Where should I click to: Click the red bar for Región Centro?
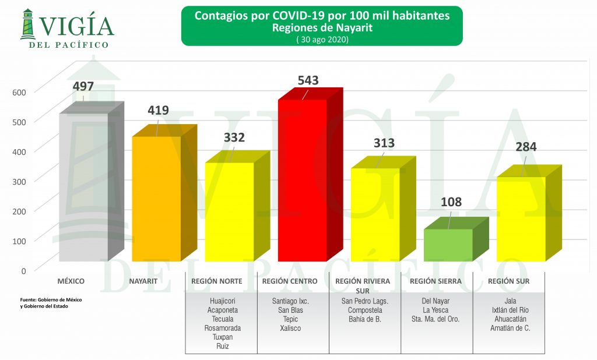[x=302, y=181]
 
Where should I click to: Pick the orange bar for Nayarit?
[x=156, y=199]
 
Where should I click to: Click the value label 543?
[x=308, y=80]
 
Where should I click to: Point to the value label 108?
[x=451, y=202]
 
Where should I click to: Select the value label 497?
[x=83, y=86]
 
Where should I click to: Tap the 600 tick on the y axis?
[x=19, y=92]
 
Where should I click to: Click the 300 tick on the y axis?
[x=19, y=181]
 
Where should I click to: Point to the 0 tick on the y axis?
[x=23, y=270]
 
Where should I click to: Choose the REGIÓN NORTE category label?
[x=217, y=281]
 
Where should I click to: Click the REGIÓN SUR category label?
[x=508, y=281]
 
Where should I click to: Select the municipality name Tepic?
[x=290, y=319]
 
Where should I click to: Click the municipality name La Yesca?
[x=436, y=310]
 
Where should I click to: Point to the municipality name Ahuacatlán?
[x=510, y=319]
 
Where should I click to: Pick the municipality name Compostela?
[x=364, y=310]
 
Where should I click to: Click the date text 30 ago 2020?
[x=322, y=40]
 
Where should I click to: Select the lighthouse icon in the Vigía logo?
[x=27, y=25]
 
